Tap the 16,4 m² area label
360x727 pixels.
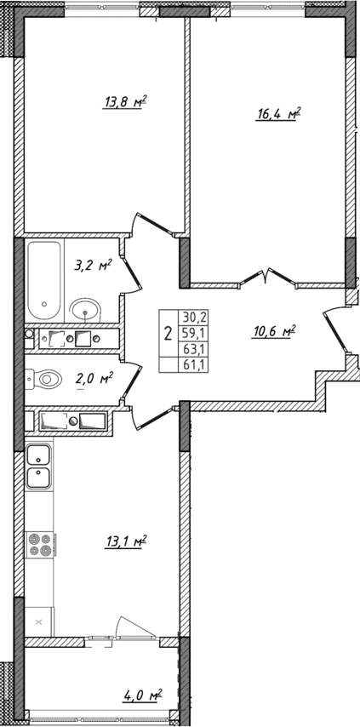point(280,113)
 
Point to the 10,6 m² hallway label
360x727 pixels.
point(272,332)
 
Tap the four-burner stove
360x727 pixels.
point(40,544)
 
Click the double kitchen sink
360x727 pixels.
point(38,467)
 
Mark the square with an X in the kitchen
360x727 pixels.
point(38,622)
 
